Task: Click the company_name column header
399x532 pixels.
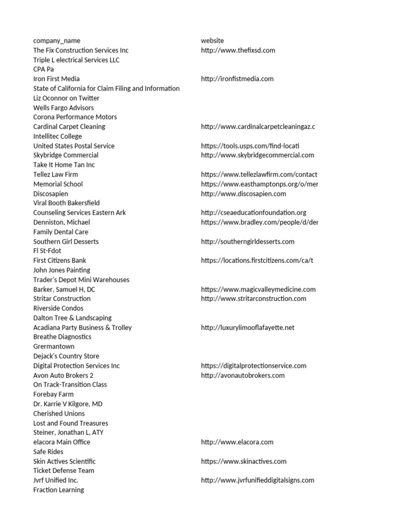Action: (57, 41)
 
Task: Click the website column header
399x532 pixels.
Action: (212, 41)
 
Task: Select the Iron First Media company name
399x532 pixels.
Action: (57, 79)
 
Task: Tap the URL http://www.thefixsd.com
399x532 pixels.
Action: (238, 50)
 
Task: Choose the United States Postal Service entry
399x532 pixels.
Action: (74, 146)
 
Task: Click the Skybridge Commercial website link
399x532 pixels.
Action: (257, 155)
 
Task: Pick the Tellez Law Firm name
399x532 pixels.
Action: (56, 175)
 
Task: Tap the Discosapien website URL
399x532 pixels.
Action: (243, 194)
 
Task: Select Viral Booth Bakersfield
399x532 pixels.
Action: (66, 203)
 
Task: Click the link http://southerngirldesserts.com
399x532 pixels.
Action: (247, 242)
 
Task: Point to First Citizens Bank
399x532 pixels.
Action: (60, 260)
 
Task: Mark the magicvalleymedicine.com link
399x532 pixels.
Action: (258, 289)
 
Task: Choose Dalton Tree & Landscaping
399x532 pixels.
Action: (72, 318)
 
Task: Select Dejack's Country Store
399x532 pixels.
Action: (66, 356)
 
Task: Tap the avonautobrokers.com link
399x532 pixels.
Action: (243, 376)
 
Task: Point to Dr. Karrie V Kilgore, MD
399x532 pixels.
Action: (68, 404)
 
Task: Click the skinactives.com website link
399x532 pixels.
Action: (244, 461)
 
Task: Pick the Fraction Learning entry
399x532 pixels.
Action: (58, 490)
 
